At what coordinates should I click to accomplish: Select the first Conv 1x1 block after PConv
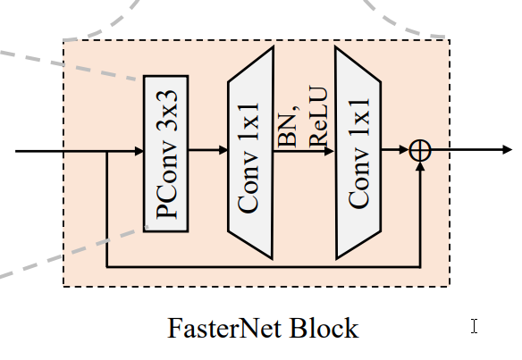[x=250, y=152]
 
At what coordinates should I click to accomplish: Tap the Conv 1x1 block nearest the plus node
[x=358, y=152]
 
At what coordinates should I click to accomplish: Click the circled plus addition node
[x=420, y=151]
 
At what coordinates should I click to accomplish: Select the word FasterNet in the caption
[x=226, y=329]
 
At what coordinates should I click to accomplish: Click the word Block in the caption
[x=323, y=329]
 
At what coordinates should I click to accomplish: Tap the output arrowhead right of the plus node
[x=507, y=151]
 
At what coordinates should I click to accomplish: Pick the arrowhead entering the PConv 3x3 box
[x=139, y=151]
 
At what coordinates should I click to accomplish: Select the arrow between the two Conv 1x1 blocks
[x=304, y=151]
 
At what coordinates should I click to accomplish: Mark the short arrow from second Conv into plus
[x=395, y=151]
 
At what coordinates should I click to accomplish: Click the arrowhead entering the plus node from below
[x=420, y=167]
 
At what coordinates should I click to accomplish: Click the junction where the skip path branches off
[x=106, y=151]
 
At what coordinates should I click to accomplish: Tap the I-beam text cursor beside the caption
[x=474, y=326]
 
